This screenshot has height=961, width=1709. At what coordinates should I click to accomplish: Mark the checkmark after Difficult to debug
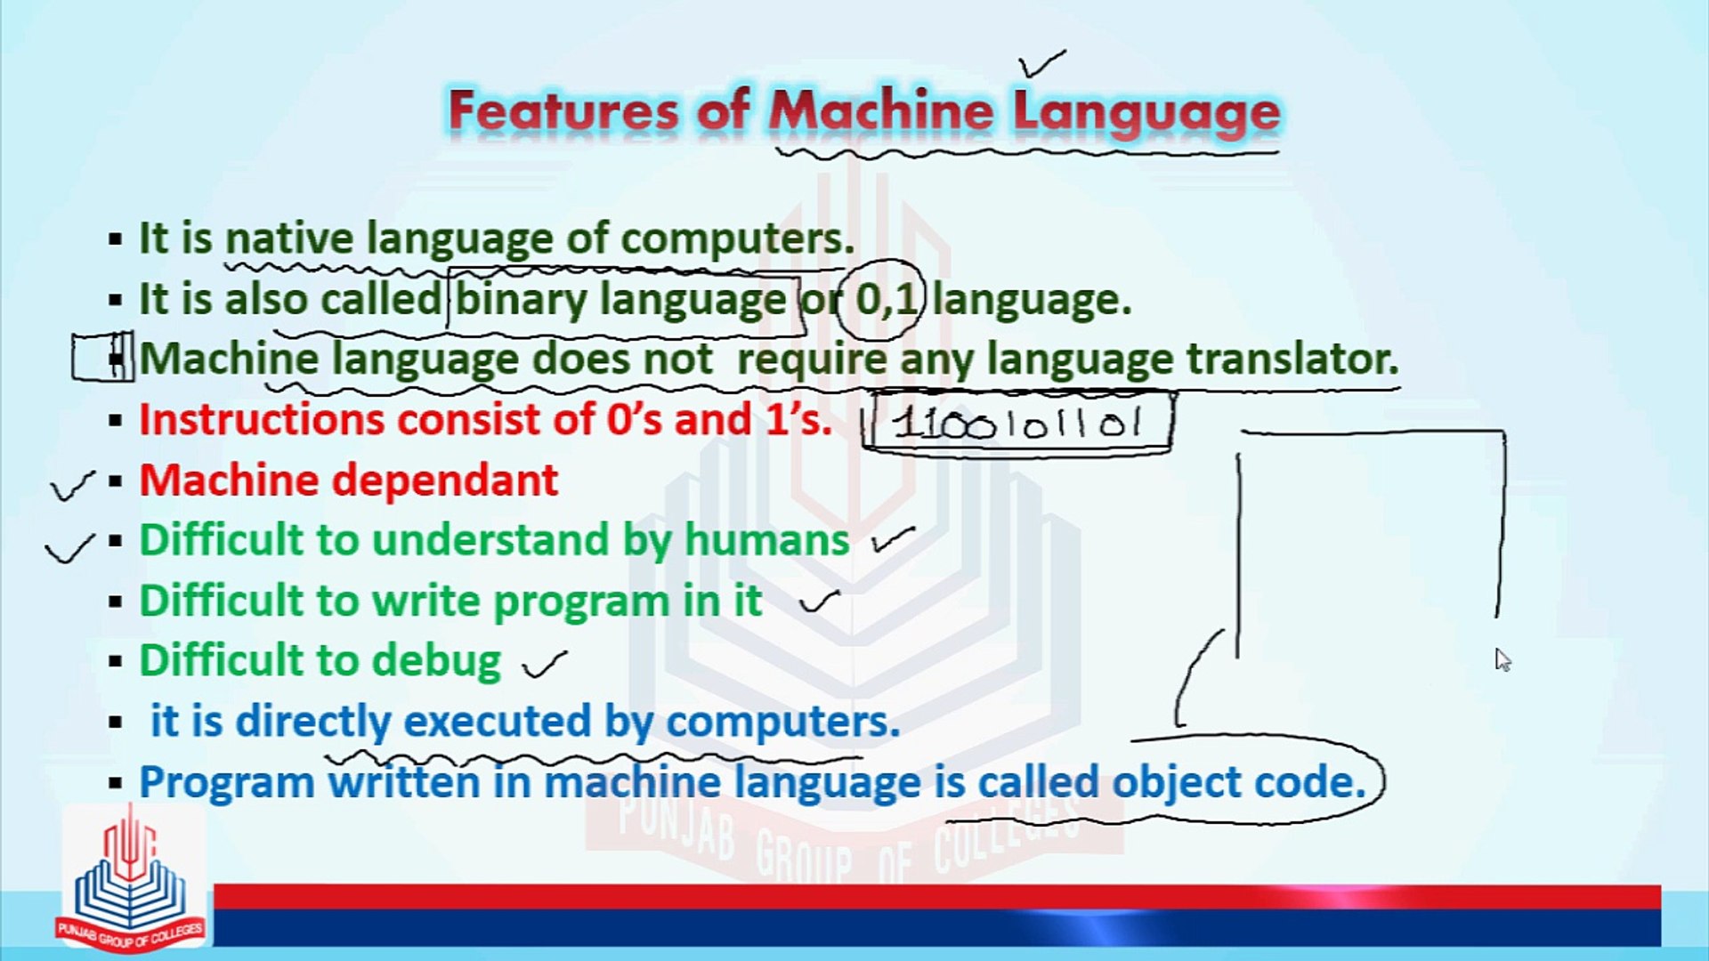(545, 663)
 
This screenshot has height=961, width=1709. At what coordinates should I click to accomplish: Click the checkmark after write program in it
(819, 602)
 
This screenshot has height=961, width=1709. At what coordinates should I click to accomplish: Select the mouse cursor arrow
(1502, 659)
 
